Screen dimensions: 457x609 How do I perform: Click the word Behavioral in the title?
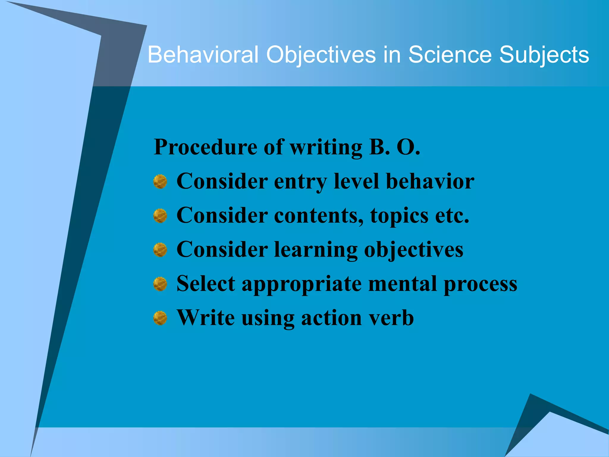tap(203, 55)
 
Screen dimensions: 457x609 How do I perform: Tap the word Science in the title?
tap(450, 55)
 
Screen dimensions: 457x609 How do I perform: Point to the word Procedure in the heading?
tap(205, 147)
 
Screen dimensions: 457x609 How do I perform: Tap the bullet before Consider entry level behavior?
tap(160, 181)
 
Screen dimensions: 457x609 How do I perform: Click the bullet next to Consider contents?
tap(160, 216)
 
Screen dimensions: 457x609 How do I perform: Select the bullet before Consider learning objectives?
tap(160, 250)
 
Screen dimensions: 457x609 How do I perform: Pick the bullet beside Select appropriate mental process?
tap(160, 284)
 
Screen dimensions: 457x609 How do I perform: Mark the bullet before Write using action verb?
tap(160, 318)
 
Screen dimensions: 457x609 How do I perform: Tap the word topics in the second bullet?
tap(399, 216)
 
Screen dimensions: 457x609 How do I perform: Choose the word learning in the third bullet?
tap(316, 250)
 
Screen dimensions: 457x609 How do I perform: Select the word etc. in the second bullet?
tap(452, 215)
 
